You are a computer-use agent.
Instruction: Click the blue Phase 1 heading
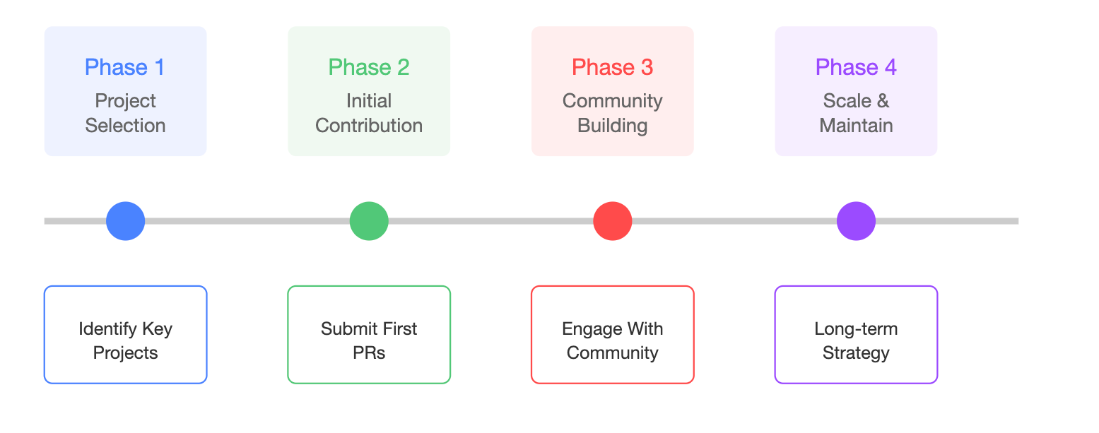(x=124, y=67)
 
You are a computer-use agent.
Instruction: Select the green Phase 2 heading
(x=368, y=67)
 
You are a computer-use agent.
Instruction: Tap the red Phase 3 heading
(x=612, y=67)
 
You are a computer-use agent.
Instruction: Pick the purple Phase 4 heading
(x=856, y=67)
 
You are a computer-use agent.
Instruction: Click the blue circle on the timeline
(x=126, y=221)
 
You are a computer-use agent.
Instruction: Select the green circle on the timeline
(x=369, y=221)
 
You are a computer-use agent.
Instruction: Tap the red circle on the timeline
(x=612, y=221)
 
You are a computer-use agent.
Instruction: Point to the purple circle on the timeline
(x=856, y=221)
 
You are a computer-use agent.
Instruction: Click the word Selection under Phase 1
(x=125, y=126)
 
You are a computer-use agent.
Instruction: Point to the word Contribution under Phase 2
(x=369, y=126)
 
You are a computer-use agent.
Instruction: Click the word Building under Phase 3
(x=612, y=126)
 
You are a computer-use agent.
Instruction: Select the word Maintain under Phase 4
(x=856, y=126)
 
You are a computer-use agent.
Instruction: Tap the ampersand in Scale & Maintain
(x=883, y=101)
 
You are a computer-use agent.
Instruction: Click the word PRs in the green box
(x=369, y=353)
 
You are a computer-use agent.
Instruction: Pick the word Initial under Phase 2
(x=369, y=101)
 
